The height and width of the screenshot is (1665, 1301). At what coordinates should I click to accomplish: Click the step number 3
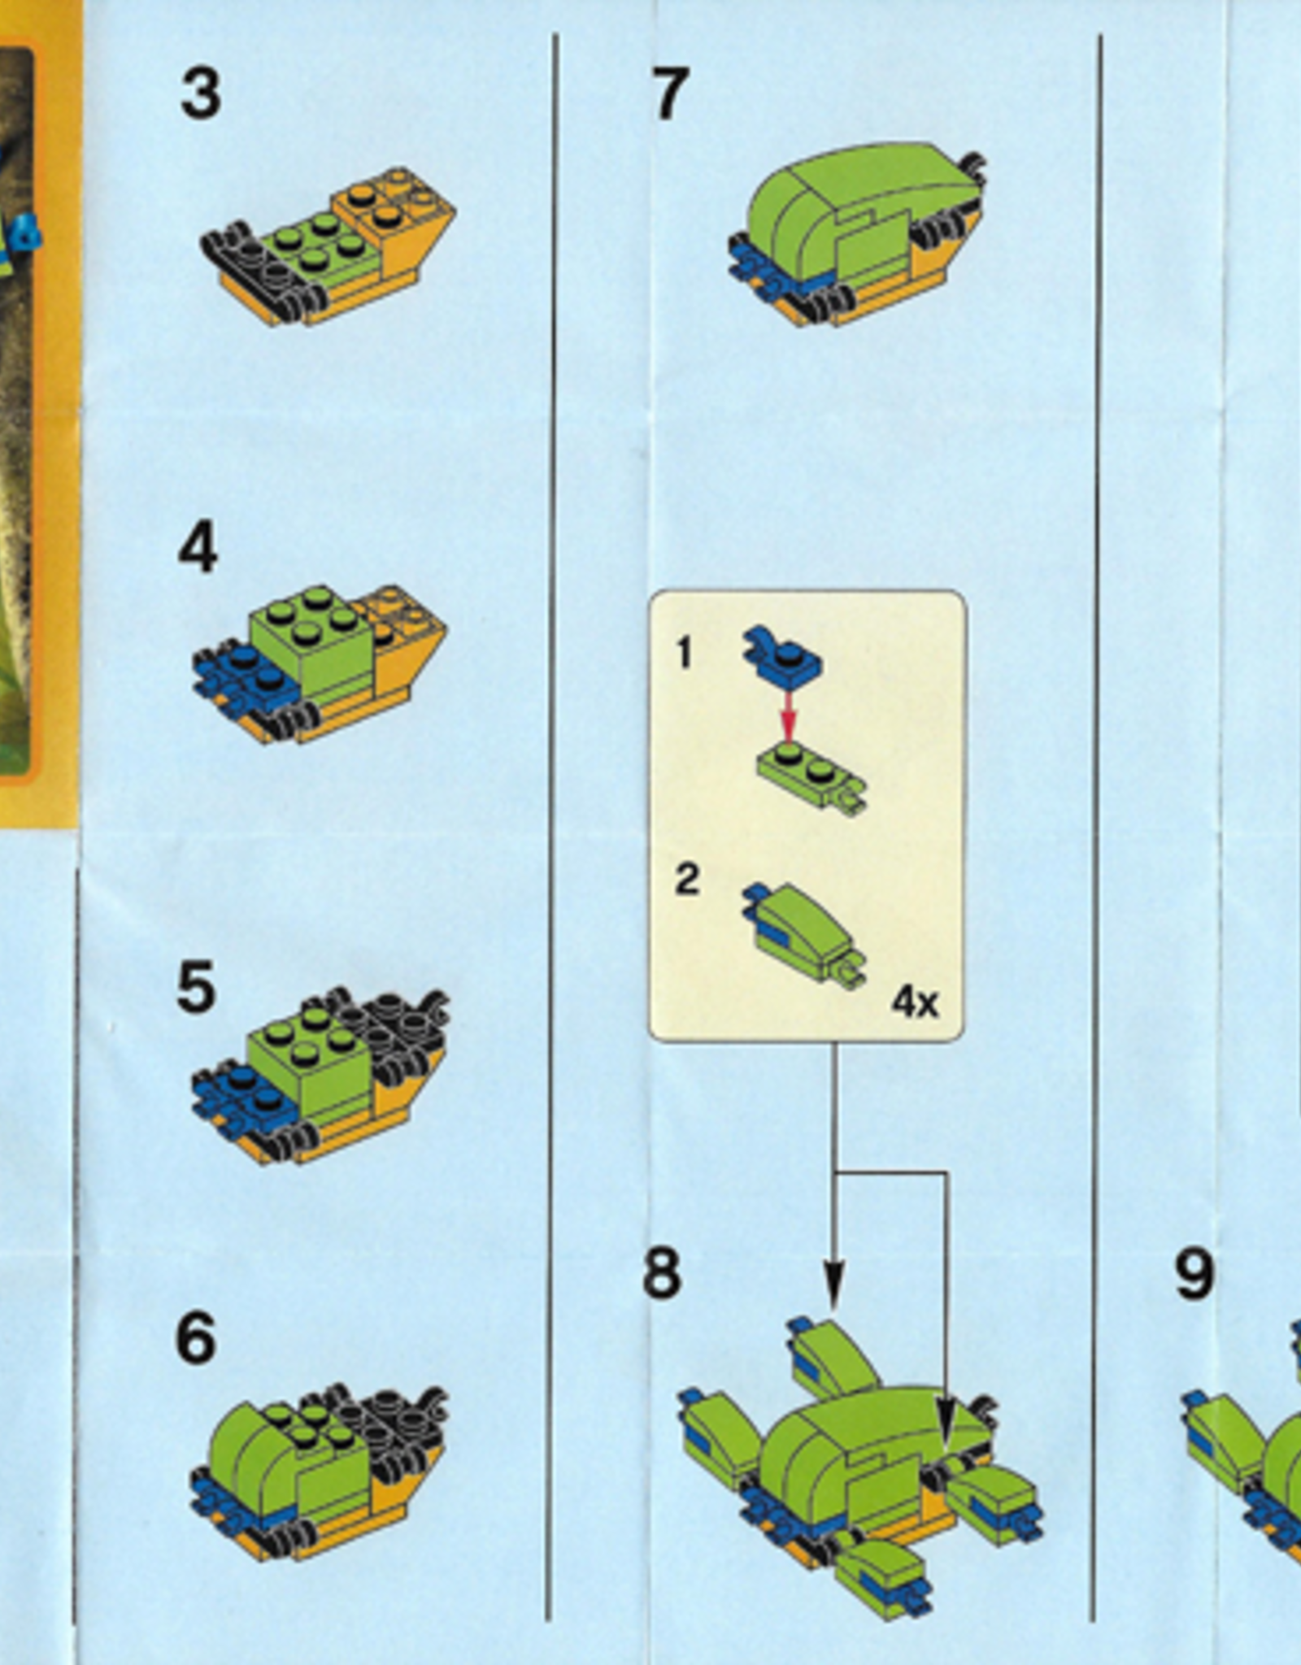(200, 94)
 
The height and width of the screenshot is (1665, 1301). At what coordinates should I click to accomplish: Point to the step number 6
(195, 1338)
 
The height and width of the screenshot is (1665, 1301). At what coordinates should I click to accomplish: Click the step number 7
(670, 94)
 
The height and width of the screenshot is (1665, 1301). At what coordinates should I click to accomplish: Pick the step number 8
(661, 1273)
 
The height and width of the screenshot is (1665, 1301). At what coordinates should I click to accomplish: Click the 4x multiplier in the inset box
(915, 1002)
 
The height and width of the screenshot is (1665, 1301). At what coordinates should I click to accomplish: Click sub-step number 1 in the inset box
(684, 653)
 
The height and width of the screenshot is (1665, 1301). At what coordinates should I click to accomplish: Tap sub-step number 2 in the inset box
(687, 880)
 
